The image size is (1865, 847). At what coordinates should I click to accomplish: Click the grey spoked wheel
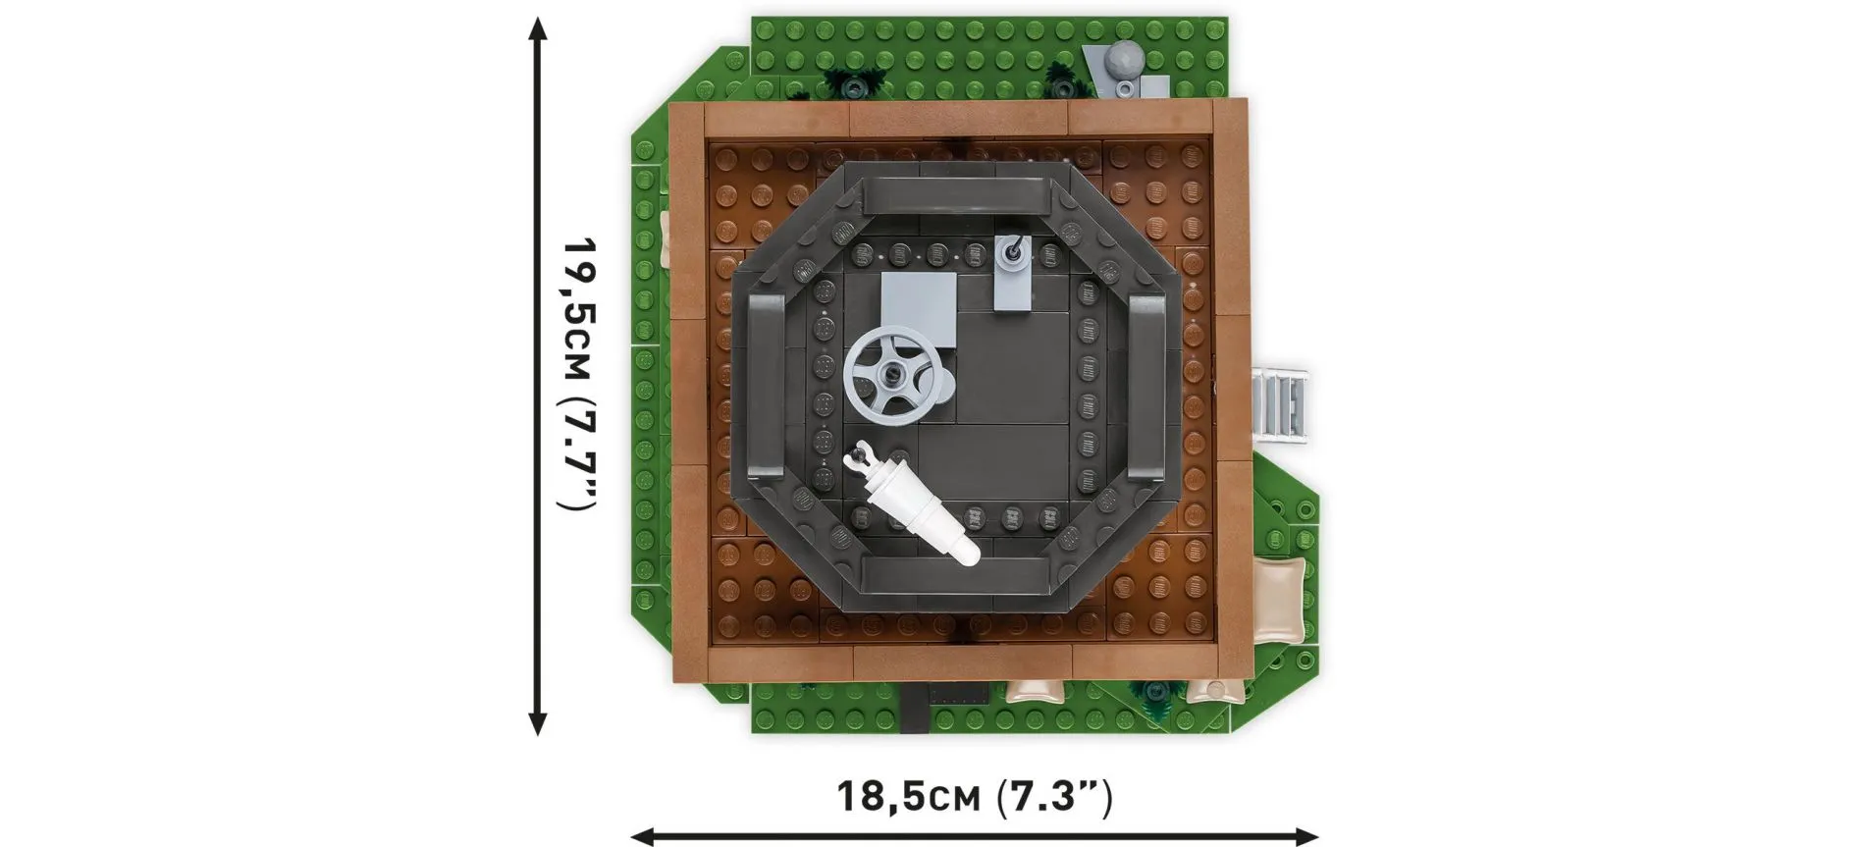(894, 376)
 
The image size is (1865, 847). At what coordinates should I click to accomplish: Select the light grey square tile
(919, 309)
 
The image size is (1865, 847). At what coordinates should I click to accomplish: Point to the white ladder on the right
(1282, 403)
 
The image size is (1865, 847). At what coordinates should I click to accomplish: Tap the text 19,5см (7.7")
(576, 374)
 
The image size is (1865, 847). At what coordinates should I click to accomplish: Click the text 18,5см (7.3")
(974, 795)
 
